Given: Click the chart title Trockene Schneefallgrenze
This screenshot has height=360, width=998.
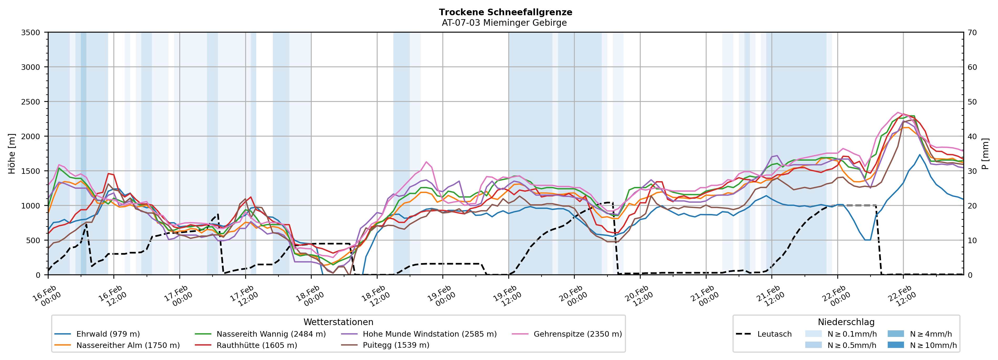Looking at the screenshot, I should click(505, 12).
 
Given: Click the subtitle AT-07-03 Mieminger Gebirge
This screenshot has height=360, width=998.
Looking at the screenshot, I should click(504, 23).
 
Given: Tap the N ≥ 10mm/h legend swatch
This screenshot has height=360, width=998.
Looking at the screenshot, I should click(895, 345).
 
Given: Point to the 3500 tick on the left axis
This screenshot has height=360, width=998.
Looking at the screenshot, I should click(31, 33).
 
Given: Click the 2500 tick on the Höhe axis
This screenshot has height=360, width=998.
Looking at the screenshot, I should click(31, 102).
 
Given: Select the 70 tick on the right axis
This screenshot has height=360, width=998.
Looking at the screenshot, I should click(972, 33).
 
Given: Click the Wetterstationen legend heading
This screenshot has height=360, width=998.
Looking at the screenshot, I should click(338, 322).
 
